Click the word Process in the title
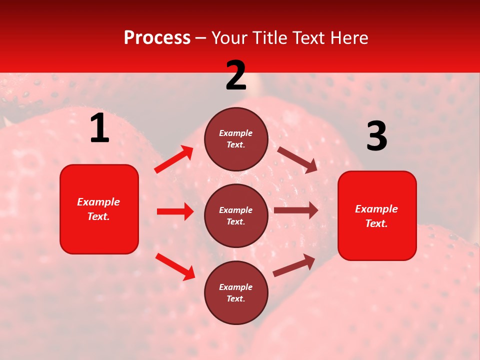[157, 37]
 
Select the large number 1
[99, 128]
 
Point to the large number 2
[236, 75]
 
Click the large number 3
[376, 136]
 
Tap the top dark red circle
[236, 138]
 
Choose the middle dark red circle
[236, 215]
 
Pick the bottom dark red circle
[236, 292]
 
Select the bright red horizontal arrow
[175, 211]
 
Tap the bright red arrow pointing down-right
[175, 266]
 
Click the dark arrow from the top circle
[297, 160]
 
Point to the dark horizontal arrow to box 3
[296, 210]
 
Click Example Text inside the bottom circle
[236, 292]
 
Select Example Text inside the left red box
[99, 209]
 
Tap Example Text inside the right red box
[377, 216]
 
